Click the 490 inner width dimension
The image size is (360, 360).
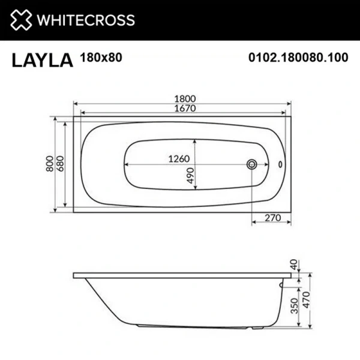point(190,175)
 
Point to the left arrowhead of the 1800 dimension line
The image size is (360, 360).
point(76,103)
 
